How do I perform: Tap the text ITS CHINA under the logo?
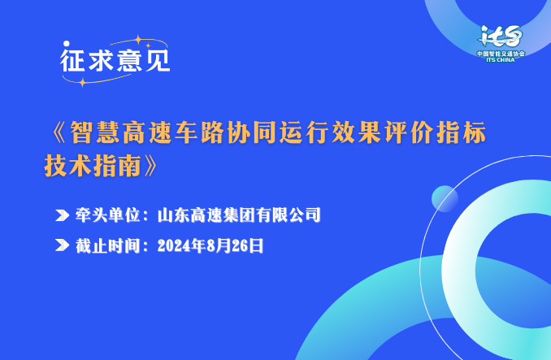coord(501,59)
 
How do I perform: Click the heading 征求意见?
coord(115,60)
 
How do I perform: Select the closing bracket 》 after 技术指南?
coord(150,165)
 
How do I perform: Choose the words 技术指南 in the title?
coord(93,165)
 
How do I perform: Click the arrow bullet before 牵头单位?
coord(63,215)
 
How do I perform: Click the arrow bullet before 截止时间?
coord(63,245)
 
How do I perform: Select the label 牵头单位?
coord(107,215)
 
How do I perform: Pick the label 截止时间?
coord(107,245)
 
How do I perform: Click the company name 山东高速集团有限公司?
coord(239,215)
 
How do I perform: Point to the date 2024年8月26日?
coord(210,245)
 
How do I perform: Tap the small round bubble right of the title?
coord(445,199)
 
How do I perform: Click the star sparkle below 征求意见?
coord(82,83)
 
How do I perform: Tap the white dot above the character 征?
coord(67,44)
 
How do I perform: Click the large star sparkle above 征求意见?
coord(138,40)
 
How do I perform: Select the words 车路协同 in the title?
coord(226,132)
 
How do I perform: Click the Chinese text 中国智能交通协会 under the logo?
coord(501,54)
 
